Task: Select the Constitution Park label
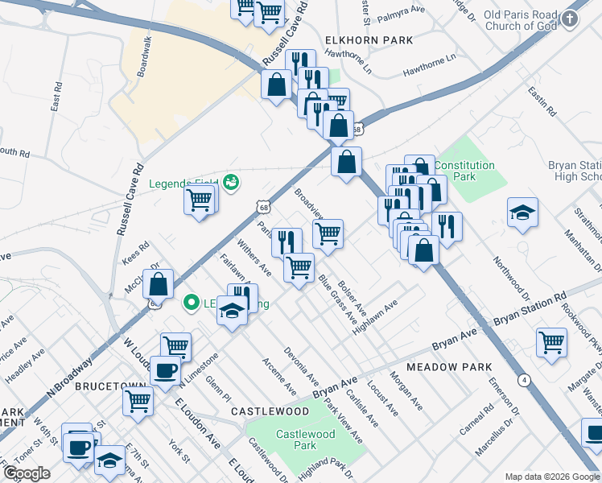[464, 170]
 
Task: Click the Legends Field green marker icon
[231, 183]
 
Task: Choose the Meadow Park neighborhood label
[449, 367]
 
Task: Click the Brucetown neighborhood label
[109, 386]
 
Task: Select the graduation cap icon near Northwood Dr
[522, 213]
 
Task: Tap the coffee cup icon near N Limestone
[166, 370]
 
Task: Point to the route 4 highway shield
[524, 379]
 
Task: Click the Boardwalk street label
[145, 56]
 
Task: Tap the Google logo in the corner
[27, 473]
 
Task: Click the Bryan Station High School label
[575, 171]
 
